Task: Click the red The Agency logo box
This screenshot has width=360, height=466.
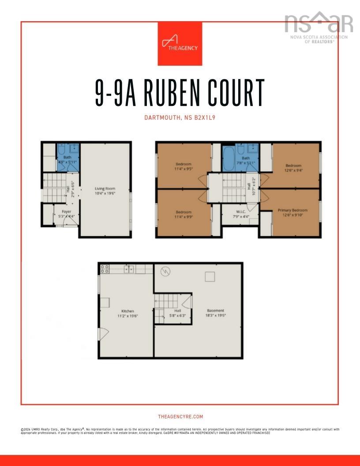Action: coord(180,44)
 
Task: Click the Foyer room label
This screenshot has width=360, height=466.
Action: coord(66,212)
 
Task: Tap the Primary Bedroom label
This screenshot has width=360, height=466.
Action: coord(292,210)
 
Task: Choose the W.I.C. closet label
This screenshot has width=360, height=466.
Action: coord(240,210)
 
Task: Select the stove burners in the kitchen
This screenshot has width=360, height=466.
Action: coord(105,268)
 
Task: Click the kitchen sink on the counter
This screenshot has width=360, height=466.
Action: coord(129,268)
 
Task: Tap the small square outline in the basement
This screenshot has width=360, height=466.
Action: coord(210,277)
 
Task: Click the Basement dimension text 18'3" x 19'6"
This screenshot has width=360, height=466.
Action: coord(216,316)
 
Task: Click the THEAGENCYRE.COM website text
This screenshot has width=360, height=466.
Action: coord(180,417)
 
